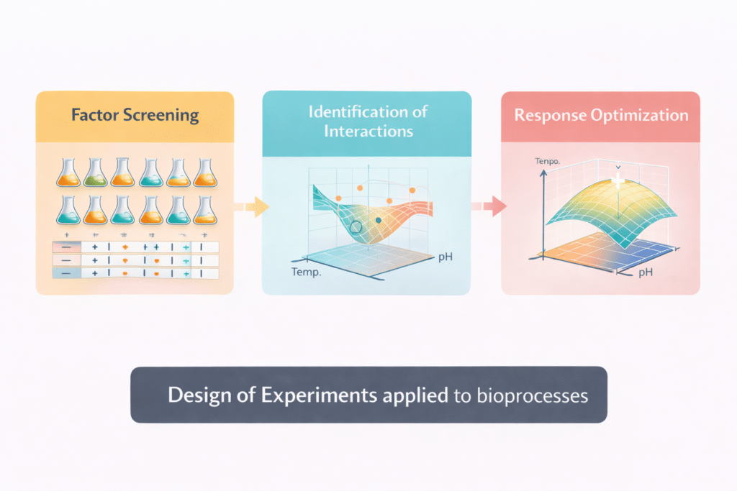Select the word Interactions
click(368, 132)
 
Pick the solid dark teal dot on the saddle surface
click(379, 220)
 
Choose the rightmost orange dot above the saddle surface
click(412, 189)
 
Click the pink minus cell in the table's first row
click(66, 247)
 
